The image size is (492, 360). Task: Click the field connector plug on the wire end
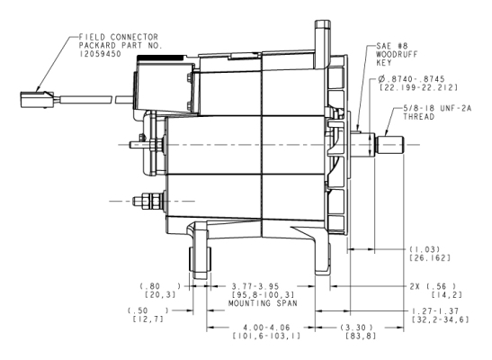coord(37,100)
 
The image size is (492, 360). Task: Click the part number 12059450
coord(100,54)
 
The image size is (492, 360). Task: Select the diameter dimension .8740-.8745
coord(411,79)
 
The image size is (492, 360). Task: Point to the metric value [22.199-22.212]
coord(418,87)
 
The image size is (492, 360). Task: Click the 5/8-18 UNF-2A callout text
coord(437,108)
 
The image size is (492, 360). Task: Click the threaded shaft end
coord(390,145)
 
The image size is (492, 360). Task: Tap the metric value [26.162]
coord(430,258)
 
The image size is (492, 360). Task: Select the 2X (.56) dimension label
coord(433,286)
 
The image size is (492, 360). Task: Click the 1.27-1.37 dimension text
coord(435,311)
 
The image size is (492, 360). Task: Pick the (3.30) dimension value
coord(357,328)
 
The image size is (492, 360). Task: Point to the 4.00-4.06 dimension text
coord(267,328)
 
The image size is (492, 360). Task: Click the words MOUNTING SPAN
coord(263,303)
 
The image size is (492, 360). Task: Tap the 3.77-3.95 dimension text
coord(255,286)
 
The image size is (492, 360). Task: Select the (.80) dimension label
coord(160,286)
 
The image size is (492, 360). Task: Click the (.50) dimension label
coord(148,310)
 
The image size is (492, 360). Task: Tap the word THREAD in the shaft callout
coord(419,117)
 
